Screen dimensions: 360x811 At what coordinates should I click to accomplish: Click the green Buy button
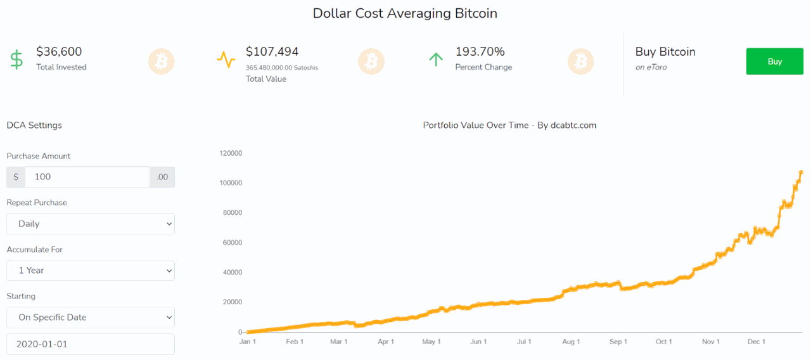[x=774, y=61]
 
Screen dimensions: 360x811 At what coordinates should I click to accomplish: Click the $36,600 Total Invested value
[x=59, y=52]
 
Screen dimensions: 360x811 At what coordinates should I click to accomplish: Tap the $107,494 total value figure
[x=272, y=52]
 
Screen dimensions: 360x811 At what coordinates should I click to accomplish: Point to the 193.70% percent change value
[x=480, y=52]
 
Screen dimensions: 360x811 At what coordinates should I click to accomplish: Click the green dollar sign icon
[x=17, y=60]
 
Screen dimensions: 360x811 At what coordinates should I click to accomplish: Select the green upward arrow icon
[x=435, y=60]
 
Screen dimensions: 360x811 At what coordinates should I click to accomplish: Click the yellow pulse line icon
[x=226, y=60]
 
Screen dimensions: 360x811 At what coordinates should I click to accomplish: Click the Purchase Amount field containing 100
[x=87, y=177]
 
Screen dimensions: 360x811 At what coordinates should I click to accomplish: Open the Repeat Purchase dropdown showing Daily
[x=91, y=224]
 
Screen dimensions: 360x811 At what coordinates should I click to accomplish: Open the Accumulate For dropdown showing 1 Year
[x=91, y=271]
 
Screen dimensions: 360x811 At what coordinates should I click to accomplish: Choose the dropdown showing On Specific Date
[x=91, y=318]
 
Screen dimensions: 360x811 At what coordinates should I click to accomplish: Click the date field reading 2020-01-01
[x=91, y=344]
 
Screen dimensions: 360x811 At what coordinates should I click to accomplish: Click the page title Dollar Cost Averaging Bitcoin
[x=405, y=13]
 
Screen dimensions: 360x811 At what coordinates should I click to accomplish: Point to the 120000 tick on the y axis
[x=231, y=153]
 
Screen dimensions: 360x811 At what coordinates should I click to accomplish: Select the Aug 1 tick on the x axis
[x=571, y=342]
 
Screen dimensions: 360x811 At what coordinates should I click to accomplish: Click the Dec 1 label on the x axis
[x=757, y=342]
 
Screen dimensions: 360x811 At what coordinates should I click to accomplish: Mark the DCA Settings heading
[x=34, y=125]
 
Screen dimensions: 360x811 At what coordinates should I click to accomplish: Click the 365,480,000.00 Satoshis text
[x=282, y=67]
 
